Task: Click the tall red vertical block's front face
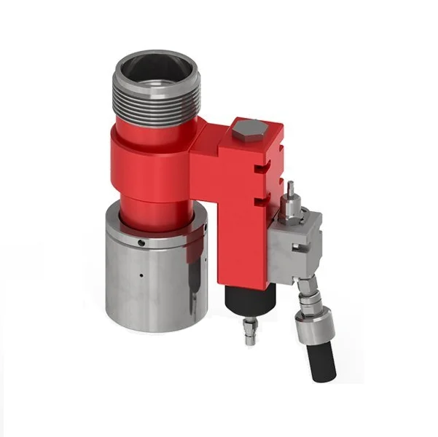coord(237,219)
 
